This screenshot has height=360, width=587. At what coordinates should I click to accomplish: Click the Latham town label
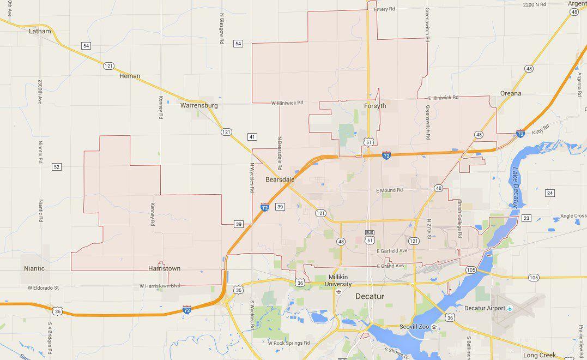pos(39,31)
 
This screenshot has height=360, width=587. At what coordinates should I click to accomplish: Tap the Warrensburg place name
pos(199,105)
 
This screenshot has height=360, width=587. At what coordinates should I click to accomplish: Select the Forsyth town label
pos(374,106)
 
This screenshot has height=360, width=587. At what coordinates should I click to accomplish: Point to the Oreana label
pos(511,93)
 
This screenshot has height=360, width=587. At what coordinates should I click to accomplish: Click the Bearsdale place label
pos(280,179)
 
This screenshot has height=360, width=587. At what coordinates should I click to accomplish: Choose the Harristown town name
pos(164,268)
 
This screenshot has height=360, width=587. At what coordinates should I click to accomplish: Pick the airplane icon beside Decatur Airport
pos(510,308)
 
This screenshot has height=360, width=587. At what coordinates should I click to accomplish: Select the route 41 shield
pos(252,137)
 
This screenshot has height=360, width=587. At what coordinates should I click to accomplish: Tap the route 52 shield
pos(57,166)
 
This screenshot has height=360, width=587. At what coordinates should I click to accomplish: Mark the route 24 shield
pos(550,193)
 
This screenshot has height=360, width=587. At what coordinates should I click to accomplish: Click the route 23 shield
pos(526,218)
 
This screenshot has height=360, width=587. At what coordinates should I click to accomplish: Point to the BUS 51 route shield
pos(370,236)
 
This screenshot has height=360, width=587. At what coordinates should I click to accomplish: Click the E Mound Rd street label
pos(389,190)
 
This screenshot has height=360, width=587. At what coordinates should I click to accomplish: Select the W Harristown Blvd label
pos(160,285)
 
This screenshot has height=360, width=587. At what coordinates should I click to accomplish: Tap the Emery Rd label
pos(384,9)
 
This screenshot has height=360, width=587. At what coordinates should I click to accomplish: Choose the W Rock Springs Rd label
pos(288,343)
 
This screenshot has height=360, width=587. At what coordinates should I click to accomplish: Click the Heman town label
pos(130,76)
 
